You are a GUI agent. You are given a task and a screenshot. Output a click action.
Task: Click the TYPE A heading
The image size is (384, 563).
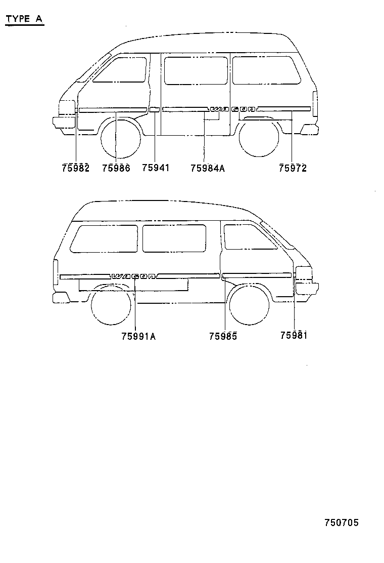tap(24, 19)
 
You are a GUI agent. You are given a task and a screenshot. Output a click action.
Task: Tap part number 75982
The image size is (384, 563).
tap(76, 168)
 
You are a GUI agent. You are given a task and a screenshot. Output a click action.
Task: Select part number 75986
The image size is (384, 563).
tap(116, 168)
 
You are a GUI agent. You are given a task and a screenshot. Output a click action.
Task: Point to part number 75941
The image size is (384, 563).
tap(156, 168)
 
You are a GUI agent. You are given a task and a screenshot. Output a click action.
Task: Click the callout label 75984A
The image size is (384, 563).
tap(208, 168)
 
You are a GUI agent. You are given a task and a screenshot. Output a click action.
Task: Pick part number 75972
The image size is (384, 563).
tap(293, 168)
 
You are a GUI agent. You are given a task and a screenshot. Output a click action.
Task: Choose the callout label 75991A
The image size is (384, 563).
tap(138, 337)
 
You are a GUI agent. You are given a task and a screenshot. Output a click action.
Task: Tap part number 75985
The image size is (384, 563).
tap(223, 336)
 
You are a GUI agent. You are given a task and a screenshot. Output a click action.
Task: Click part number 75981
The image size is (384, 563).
tap(294, 335)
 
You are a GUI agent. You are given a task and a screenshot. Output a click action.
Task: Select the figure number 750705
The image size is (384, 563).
tap(342, 522)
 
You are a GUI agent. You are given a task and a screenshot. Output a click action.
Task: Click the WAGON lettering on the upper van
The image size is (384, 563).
tap(233, 109)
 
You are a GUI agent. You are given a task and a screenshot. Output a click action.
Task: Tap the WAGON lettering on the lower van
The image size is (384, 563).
tap(134, 276)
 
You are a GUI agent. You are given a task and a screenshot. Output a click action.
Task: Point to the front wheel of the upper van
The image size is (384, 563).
tap(120, 138)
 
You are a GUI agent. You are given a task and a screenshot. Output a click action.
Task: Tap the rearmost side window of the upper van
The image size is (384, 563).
tap(266, 70)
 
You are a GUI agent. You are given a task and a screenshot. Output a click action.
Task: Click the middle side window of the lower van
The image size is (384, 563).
tap(174, 238)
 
